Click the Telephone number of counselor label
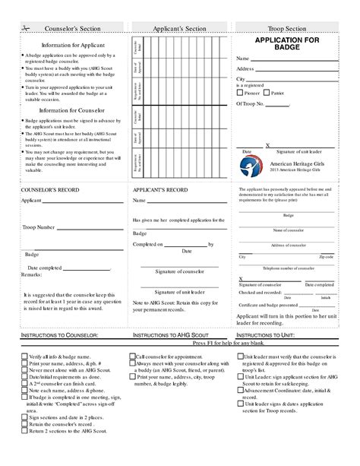click(x=288, y=269)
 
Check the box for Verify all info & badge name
click(x=25, y=355)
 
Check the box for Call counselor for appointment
click(x=133, y=355)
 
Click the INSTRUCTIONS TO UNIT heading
click(x=264, y=334)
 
